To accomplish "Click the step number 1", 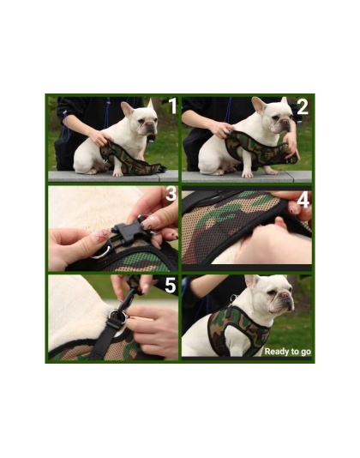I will [171, 107].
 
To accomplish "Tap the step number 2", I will [302, 107].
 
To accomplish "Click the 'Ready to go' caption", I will [287, 352].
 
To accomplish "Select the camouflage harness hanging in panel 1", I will [129, 159].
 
